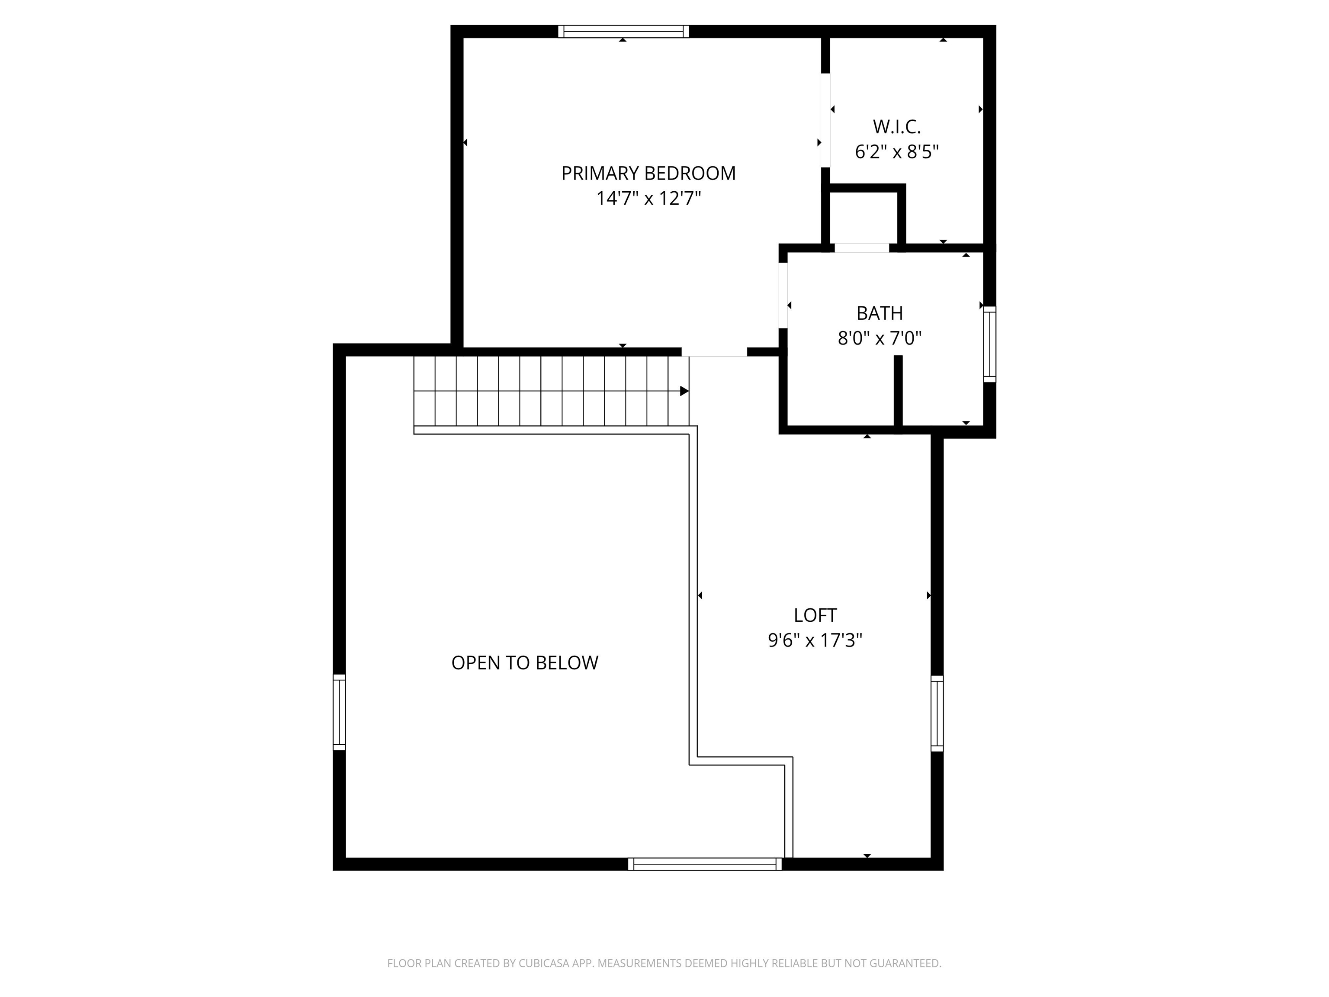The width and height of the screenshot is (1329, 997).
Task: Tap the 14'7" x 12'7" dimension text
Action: (x=648, y=198)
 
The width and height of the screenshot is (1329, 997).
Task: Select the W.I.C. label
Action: (x=896, y=127)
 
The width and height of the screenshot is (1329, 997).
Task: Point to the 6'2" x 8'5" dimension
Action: (x=896, y=152)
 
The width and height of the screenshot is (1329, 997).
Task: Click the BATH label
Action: (x=880, y=313)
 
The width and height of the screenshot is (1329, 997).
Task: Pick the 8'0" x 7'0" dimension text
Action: (x=880, y=338)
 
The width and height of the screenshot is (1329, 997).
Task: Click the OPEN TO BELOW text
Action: (x=524, y=663)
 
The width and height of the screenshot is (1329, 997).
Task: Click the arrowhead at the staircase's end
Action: (x=684, y=391)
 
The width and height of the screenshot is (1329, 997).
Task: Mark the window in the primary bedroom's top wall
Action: (x=623, y=31)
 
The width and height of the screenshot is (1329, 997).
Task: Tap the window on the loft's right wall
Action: (x=937, y=713)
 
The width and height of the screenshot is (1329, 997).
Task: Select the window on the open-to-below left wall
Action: (x=340, y=712)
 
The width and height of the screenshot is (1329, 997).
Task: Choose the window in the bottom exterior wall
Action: (x=705, y=864)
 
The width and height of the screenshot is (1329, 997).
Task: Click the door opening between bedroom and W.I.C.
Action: (x=825, y=120)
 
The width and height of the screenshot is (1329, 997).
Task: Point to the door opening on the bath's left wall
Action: (x=783, y=296)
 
